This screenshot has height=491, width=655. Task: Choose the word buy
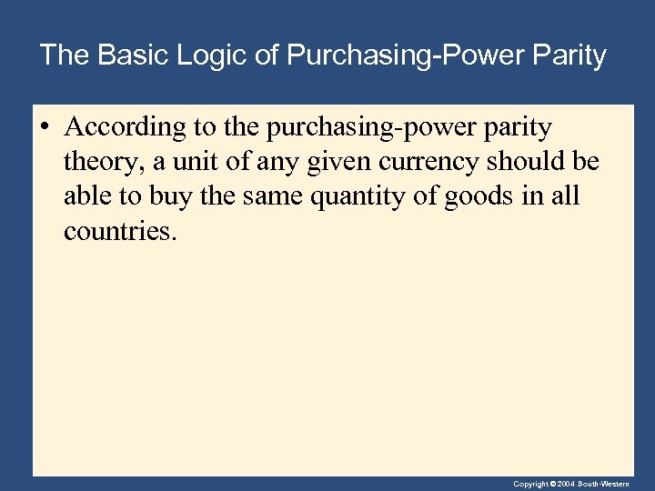coord(172,196)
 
